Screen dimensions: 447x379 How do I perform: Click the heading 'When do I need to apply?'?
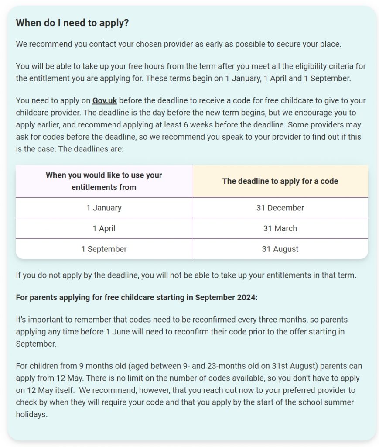(x=72, y=23)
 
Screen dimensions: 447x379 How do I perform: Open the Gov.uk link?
(x=104, y=100)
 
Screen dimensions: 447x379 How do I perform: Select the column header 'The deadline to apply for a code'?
(x=280, y=181)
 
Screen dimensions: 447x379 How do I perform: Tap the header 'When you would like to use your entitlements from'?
(x=104, y=181)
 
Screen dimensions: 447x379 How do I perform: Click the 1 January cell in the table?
(x=104, y=208)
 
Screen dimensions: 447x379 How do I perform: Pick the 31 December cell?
(x=280, y=208)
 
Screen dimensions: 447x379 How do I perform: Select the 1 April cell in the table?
(x=104, y=228)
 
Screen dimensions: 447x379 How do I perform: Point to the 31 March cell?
(x=280, y=228)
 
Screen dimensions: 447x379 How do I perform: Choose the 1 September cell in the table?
(x=104, y=249)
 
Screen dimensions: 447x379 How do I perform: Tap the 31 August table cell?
(x=280, y=249)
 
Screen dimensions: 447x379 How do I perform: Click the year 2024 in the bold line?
(x=248, y=297)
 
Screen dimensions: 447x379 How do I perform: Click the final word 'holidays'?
(x=31, y=414)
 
